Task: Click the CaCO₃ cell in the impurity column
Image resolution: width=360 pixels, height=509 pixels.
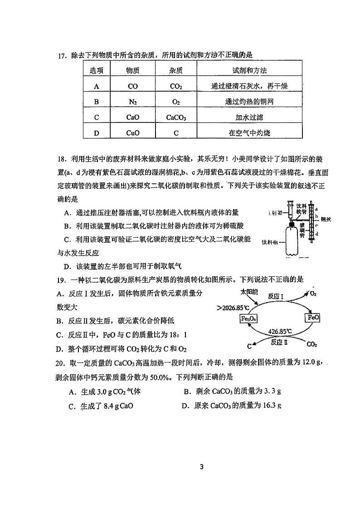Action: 176,117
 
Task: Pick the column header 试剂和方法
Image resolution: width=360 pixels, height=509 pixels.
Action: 249,70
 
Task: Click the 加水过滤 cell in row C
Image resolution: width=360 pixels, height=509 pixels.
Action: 249,117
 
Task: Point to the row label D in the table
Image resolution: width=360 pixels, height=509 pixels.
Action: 96,133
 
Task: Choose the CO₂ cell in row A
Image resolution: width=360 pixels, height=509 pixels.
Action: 176,86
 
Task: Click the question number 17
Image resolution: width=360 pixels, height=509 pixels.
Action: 62,56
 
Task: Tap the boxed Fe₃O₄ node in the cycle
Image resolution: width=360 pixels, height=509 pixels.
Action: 248,318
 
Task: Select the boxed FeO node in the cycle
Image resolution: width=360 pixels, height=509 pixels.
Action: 314,318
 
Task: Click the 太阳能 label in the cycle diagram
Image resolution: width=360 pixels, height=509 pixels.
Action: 248,291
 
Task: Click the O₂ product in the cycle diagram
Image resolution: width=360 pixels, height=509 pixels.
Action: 313,294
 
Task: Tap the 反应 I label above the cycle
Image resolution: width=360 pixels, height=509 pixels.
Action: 276,296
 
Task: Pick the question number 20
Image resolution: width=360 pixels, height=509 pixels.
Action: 62,362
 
